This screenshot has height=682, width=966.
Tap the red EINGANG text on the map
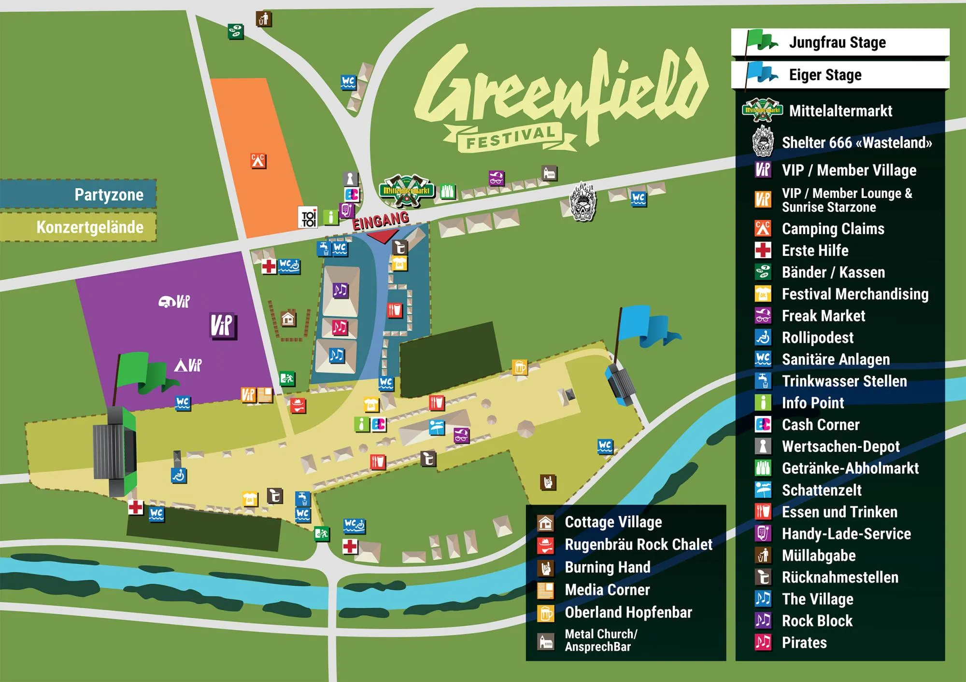381,221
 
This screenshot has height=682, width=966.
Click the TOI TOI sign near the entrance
309,218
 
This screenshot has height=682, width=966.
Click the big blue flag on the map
645,324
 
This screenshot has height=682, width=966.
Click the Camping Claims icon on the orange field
258,161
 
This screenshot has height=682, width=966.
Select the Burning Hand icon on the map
548,482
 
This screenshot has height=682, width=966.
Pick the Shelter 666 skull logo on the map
583,202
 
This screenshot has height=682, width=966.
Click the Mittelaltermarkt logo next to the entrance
407,190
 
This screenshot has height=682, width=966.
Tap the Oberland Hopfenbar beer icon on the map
520,367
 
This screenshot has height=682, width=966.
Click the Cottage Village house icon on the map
288,319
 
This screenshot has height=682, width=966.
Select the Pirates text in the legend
804,642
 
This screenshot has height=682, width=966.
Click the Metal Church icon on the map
549,173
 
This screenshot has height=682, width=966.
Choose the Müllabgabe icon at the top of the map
264,19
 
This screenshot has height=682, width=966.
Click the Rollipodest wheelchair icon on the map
179,475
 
